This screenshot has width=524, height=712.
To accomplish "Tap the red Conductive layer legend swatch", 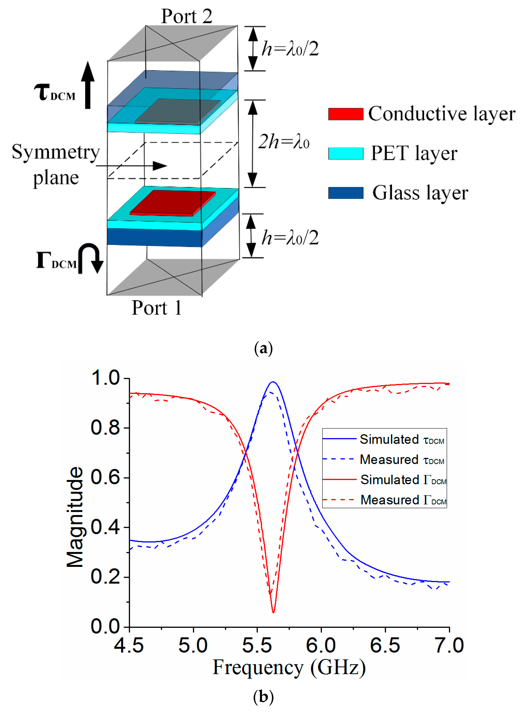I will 345,114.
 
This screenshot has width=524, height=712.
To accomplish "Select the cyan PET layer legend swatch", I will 345,153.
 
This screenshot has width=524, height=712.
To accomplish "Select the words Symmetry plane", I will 56,164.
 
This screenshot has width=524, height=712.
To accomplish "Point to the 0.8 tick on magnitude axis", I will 105,428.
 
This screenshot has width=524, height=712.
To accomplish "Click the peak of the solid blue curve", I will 273,382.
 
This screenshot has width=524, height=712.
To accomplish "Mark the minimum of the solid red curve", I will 273,612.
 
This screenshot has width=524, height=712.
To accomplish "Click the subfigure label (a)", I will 263,348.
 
